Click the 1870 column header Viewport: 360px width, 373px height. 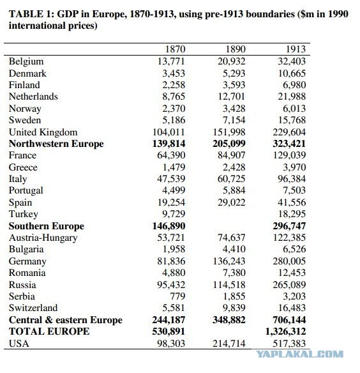[x=176, y=49]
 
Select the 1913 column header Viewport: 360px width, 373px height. [x=296, y=49]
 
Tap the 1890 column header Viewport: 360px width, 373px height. [x=236, y=49]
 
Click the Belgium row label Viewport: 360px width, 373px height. [x=26, y=61]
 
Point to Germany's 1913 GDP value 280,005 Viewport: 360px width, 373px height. [x=289, y=261]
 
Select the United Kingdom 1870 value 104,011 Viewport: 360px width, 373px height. [x=169, y=132]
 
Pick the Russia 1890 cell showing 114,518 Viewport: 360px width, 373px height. [x=229, y=284]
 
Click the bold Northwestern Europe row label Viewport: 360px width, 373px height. [x=56, y=144]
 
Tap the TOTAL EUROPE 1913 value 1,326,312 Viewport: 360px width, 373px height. [x=285, y=331]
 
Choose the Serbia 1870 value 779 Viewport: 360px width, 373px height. [x=177, y=296]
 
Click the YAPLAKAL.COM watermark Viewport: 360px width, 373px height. [x=299, y=354]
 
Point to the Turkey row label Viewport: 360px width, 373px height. [x=24, y=214]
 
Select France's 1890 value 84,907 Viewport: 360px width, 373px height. [x=231, y=155]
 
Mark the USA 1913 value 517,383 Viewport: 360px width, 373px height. [x=289, y=343]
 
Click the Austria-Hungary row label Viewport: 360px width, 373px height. [x=43, y=238]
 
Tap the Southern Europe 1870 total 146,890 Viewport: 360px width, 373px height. [x=169, y=225]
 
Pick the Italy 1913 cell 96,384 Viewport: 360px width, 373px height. [x=292, y=179]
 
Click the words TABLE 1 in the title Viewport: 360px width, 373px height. [x=32, y=14]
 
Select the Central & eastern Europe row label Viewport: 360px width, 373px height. [x=66, y=320]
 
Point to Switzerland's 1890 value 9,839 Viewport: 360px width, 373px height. [x=234, y=308]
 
